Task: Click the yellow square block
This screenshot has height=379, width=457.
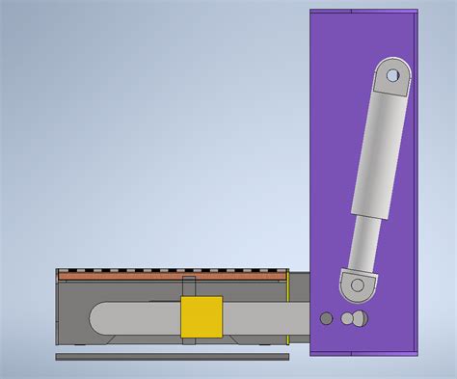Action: (202, 317)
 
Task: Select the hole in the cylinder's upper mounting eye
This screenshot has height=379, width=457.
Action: (392, 73)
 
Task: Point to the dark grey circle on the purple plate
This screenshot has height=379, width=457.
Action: (327, 317)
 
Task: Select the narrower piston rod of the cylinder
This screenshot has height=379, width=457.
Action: (360, 241)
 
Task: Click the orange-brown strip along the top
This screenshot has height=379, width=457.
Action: (174, 277)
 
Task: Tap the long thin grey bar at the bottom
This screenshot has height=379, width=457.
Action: (172, 357)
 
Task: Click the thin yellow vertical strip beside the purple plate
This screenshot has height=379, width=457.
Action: (288, 309)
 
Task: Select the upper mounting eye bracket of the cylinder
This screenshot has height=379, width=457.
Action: (391, 77)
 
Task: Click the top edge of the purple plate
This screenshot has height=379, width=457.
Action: (364, 12)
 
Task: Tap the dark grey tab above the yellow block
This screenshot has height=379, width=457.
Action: (190, 287)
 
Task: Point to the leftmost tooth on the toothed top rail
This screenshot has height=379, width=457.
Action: (64, 269)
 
